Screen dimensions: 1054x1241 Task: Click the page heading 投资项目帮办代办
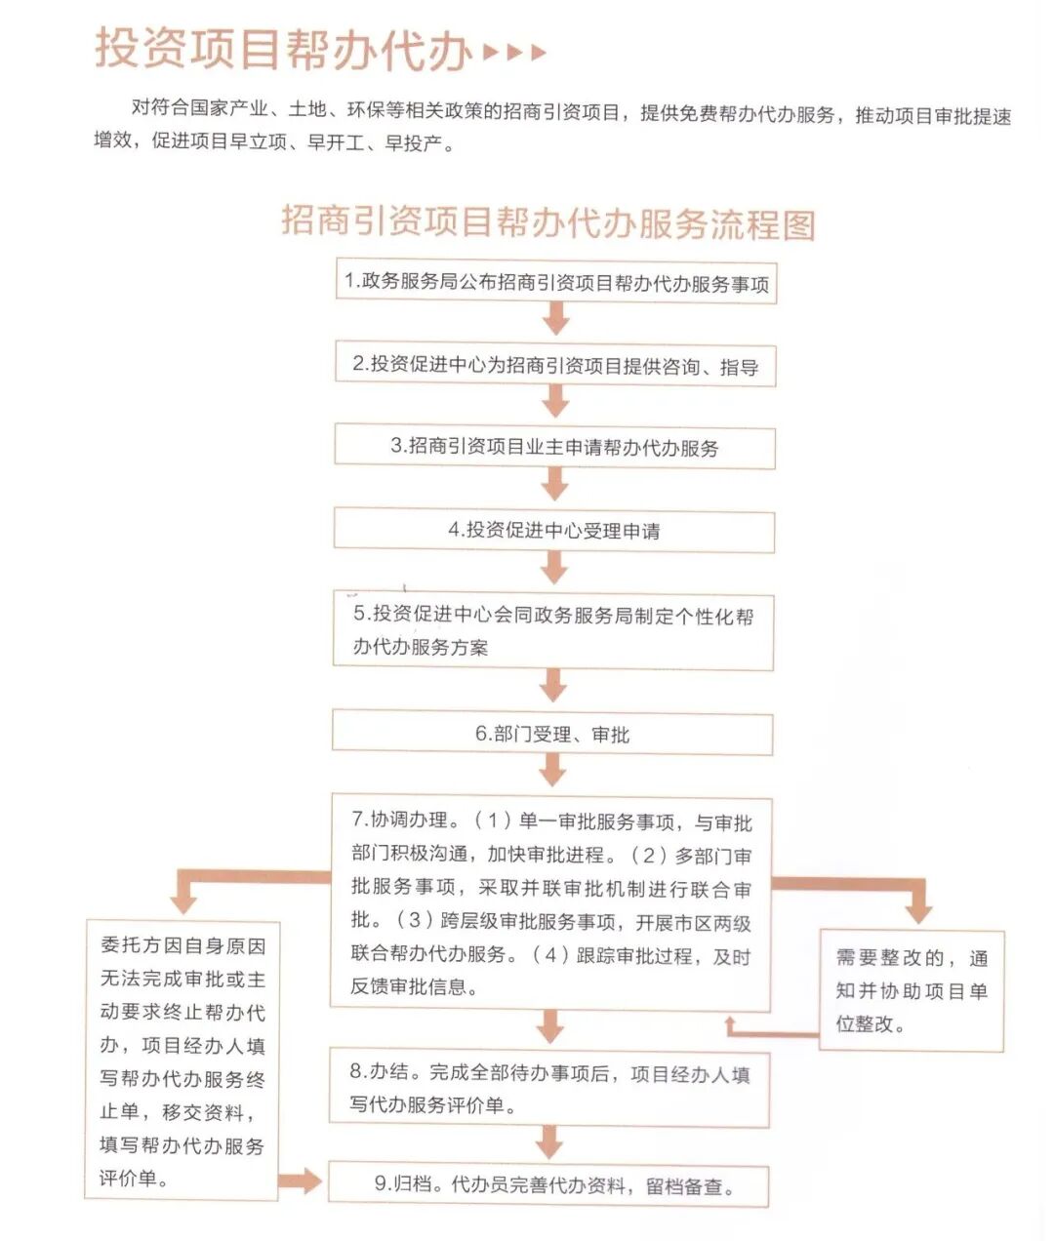pos(283,49)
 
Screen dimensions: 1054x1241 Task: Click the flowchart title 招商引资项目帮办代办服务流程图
pos(547,223)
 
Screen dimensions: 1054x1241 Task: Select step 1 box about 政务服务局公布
pos(555,283)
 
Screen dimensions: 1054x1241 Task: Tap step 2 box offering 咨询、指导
pos(555,366)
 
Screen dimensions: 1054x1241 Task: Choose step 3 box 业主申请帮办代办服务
pos(554,447)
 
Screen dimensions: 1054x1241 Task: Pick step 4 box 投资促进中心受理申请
pos(554,531)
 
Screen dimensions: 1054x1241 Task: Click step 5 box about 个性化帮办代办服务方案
pos(553,630)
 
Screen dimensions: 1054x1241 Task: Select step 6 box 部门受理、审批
pos(552,734)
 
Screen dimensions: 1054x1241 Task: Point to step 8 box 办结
pos(549,1089)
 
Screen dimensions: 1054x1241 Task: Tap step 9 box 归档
pos(548,1185)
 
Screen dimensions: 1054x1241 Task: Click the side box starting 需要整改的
pos(912,989)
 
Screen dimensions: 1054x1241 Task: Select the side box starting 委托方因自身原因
pos(182,1061)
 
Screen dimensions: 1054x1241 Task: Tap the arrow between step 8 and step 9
pos(549,1141)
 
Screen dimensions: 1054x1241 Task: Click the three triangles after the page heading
pos(514,52)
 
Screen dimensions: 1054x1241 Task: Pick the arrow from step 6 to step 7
pos(552,771)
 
